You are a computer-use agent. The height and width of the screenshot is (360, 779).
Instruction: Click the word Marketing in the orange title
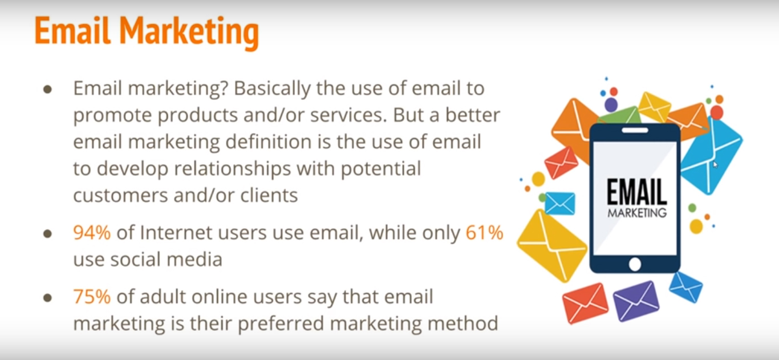189,33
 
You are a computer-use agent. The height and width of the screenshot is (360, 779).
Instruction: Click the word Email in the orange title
72,31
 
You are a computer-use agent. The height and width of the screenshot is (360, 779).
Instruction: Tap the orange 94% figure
92,233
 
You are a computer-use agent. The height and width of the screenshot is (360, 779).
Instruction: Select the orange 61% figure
484,233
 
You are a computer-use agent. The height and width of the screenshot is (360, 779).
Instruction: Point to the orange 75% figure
92,297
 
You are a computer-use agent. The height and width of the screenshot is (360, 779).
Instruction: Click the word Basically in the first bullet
272,88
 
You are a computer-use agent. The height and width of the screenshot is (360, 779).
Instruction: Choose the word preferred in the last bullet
281,324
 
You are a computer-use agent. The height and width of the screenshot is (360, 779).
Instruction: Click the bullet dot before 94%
48,233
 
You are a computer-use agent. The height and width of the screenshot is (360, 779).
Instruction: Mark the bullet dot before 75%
48,298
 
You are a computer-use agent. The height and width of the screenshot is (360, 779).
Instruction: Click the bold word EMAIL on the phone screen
637,192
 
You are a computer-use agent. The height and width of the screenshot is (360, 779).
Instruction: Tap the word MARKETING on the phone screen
637,213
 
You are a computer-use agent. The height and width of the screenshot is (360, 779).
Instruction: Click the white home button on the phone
635,264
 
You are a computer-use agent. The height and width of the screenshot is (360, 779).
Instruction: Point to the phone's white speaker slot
635,131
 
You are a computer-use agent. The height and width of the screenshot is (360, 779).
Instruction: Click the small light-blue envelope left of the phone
560,204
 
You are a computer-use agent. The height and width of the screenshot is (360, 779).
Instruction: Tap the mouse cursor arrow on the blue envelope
715,165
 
